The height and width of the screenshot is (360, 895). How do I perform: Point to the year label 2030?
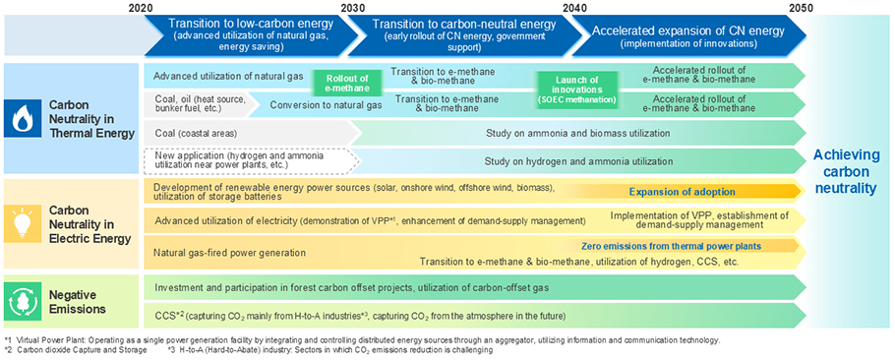pos(352,8)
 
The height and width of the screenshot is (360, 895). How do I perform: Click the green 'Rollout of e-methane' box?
pos(340,84)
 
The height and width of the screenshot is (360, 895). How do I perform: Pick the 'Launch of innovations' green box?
pos(576,88)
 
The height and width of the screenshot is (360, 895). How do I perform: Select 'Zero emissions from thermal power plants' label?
pos(672,246)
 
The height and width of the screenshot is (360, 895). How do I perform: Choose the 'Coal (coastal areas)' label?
pos(195,133)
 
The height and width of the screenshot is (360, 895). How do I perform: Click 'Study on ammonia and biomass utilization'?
pos(577,133)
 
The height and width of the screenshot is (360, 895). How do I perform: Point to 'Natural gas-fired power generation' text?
pos(230,252)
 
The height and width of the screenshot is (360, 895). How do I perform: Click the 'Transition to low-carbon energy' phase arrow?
pos(251,34)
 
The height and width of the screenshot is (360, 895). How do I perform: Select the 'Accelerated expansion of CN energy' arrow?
pos(688,34)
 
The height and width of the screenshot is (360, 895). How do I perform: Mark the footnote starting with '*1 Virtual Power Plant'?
pos(362,340)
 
